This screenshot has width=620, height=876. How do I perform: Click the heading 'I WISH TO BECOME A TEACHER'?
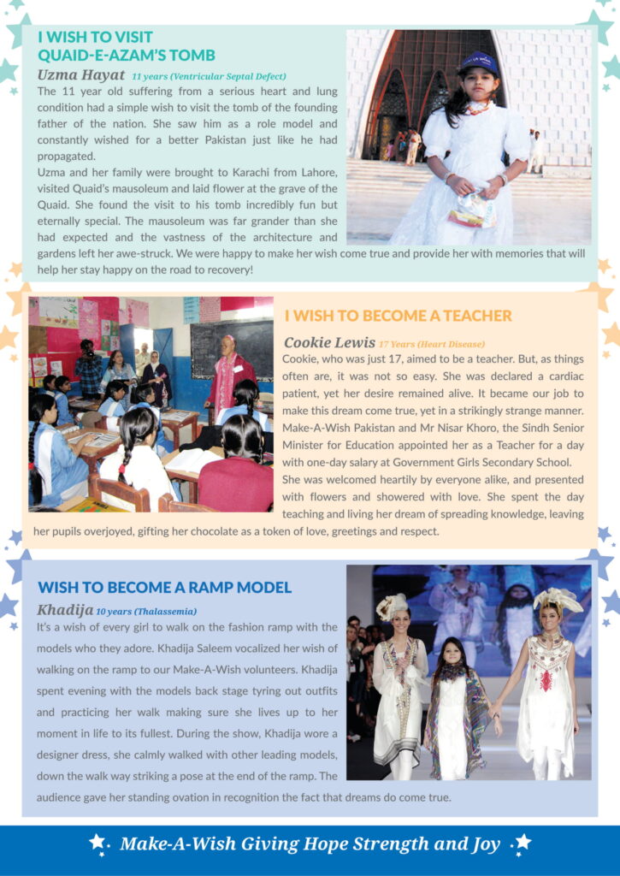pyautogui.click(x=398, y=316)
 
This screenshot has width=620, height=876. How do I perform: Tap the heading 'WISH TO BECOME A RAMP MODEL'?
pyautogui.click(x=164, y=588)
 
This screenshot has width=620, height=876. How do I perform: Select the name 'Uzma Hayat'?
pyautogui.click(x=80, y=75)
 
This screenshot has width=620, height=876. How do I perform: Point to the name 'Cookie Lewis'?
pyautogui.click(x=329, y=343)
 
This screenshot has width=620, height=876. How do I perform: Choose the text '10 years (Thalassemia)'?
pyautogui.click(x=146, y=612)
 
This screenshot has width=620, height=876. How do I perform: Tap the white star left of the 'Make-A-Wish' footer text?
pyautogui.click(x=97, y=842)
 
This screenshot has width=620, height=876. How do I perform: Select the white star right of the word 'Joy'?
pyautogui.click(x=523, y=842)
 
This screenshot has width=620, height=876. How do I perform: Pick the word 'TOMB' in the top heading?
pyautogui.click(x=192, y=56)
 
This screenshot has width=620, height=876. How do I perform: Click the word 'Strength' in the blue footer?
pyautogui.click(x=383, y=844)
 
